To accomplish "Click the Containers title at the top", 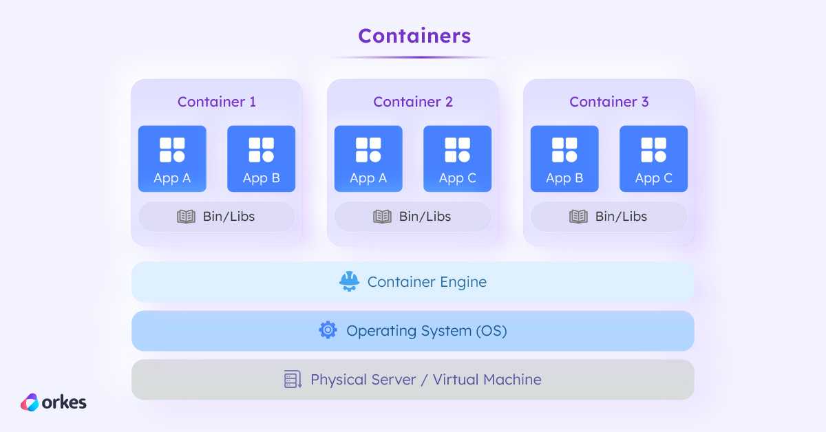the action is [414, 36].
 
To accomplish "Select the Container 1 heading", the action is [217, 102].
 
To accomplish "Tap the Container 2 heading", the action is [413, 102].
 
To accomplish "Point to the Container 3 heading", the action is [609, 102].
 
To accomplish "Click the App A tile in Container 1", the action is [172, 158].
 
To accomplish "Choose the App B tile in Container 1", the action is [261, 158].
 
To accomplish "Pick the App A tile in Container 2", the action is [368, 158].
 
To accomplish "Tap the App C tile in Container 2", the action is [457, 158].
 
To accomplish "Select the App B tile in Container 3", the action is [564, 158].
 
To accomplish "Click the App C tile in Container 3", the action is [653, 158].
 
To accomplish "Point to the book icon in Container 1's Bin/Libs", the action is [187, 217].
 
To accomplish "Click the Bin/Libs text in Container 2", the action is [425, 217].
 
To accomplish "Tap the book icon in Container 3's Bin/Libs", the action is [579, 217].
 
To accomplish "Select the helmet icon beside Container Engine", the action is [349, 281].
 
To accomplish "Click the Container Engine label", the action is [427, 282].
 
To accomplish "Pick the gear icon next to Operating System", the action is [328, 330].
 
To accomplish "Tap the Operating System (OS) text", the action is [427, 331].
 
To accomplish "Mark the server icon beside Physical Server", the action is [293, 379].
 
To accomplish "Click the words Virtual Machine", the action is [487, 379].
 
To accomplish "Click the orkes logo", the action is [54, 402].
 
